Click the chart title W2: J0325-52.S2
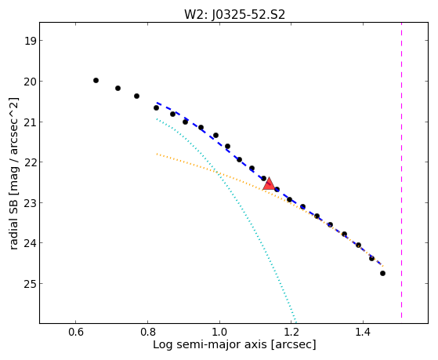pyautogui.click(x=234, y=14)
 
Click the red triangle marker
pyautogui.click(x=269, y=184)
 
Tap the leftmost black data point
pyautogui.click(x=96, y=81)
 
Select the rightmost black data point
pyautogui.click(x=382, y=273)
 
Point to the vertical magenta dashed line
pyautogui.click(x=402, y=170)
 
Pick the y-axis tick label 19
pyautogui.click(x=30, y=41)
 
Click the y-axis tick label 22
pyautogui.click(x=30, y=162)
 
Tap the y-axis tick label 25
pyautogui.click(x=30, y=284)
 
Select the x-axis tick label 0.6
pyautogui.click(x=76, y=333)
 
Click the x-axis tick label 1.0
pyautogui.click(x=219, y=333)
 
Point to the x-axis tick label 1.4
pyautogui.click(x=363, y=333)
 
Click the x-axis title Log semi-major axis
pyautogui.click(x=209, y=345)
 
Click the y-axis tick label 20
pyautogui.click(x=30, y=82)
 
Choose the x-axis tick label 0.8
pyautogui.click(x=147, y=333)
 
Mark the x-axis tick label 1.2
pyautogui.click(x=291, y=333)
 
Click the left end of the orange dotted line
pyautogui.click(x=157, y=154)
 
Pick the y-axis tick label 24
pyautogui.click(x=30, y=243)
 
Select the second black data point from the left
pyautogui.click(x=118, y=89)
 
